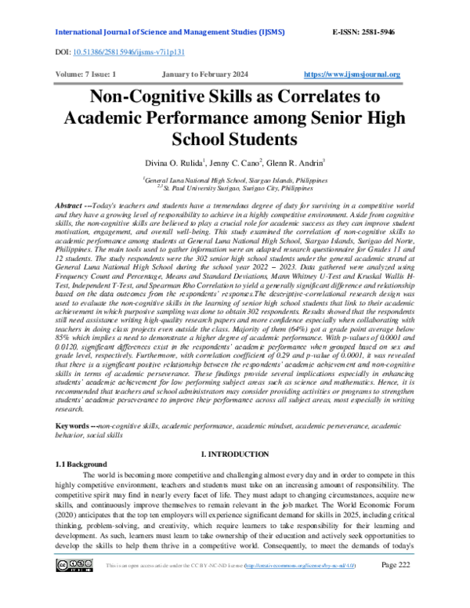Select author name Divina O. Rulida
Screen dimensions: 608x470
pyautogui.click(x=172, y=162)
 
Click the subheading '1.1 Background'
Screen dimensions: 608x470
pyautogui.click(x=81, y=465)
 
